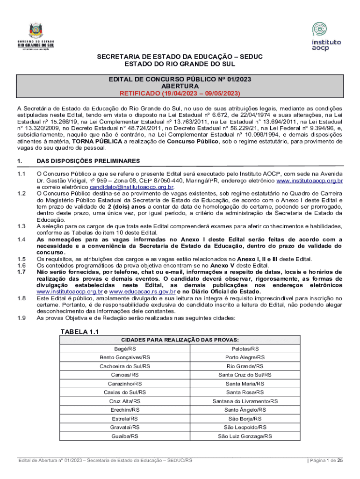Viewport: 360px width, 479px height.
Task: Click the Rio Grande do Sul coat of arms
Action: point(36,31)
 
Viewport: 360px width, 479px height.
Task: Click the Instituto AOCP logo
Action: point(326,36)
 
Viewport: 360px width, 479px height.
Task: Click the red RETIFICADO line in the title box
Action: point(180,93)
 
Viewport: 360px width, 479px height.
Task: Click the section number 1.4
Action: point(21,239)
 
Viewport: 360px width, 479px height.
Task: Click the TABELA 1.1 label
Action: point(79,332)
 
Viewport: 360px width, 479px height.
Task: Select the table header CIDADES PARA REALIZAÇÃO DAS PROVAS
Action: point(180,340)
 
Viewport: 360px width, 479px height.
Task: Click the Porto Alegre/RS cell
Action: point(245,357)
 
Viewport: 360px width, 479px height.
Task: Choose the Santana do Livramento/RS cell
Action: point(245,401)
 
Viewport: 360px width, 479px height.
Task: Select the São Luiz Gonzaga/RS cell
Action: point(245,436)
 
